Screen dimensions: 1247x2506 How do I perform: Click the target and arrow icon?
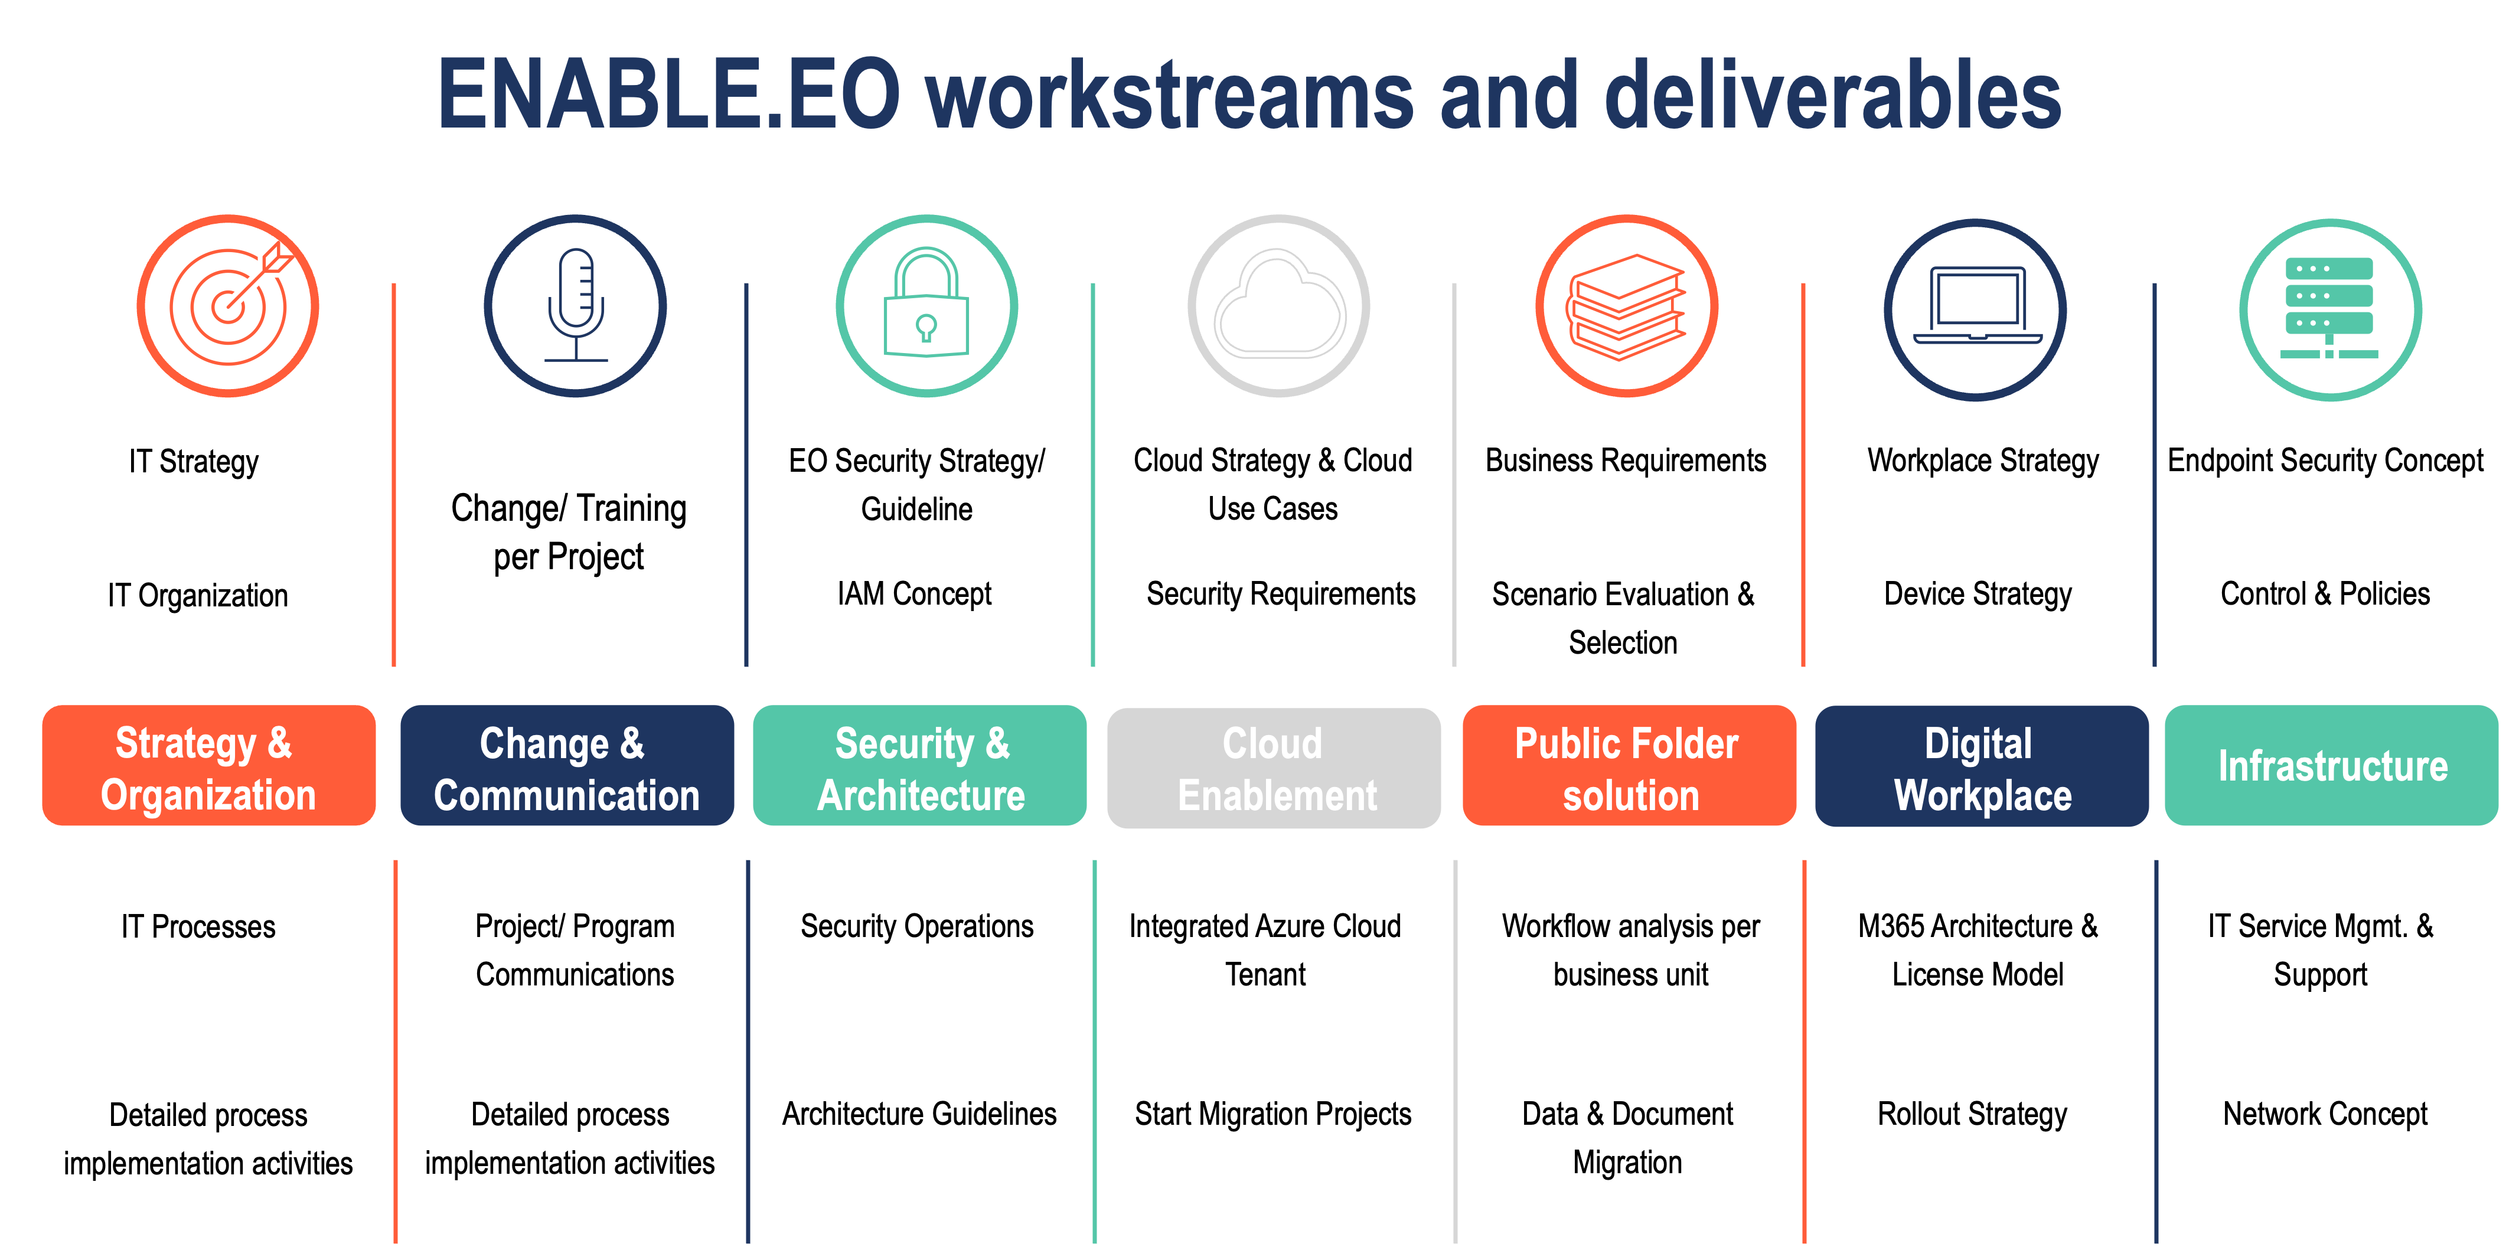tap(228, 305)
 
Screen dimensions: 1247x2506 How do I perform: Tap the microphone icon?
tap(576, 305)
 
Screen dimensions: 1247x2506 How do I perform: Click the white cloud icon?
tap(1278, 305)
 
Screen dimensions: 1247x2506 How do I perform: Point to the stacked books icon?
tap(1627, 305)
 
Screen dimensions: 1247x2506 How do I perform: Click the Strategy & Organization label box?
tap(208, 766)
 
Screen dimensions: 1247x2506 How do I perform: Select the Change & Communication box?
tap(566, 766)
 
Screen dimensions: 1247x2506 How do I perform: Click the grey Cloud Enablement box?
tap(1274, 768)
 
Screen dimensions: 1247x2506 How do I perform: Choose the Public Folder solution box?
tap(1629, 766)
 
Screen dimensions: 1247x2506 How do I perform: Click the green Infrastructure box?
tap(2331, 766)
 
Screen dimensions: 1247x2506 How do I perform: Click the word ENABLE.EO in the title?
tap(669, 95)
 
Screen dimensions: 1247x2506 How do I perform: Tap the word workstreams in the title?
tap(1169, 95)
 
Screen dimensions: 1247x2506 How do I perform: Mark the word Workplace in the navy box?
tap(1983, 796)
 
